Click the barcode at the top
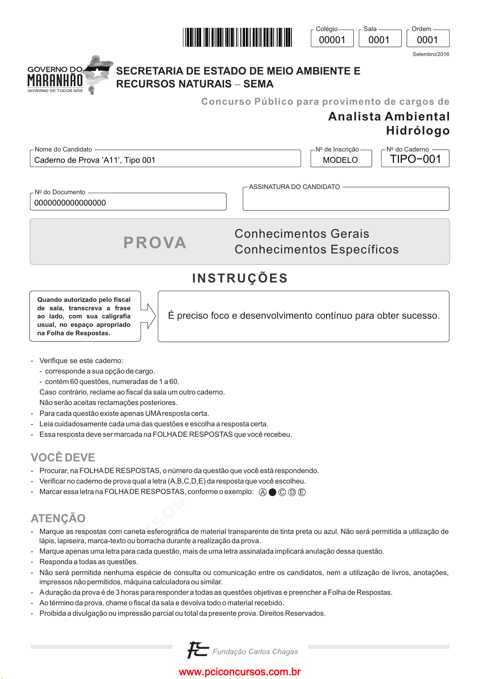pos(237,37)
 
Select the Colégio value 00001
pos(332,40)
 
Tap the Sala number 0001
pos(379,40)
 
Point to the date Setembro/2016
pos(430,54)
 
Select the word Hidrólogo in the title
pos(418,131)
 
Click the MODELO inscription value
pos(340,160)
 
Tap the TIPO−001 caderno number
pos(416,159)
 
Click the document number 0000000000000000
pos(70,203)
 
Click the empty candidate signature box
pos(345,200)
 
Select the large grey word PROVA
pos(155,243)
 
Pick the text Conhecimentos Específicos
pos(316,249)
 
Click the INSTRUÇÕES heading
pos(240,278)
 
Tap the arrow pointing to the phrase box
pos(149,316)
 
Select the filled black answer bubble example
pos(272,492)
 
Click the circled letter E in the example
pos(302,492)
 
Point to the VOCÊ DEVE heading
pos(63,457)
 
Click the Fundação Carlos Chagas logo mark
pos(197,650)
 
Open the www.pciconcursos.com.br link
pos(239,672)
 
